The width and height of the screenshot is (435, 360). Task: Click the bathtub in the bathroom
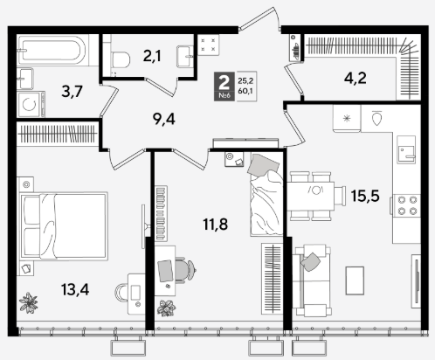coord(52,50)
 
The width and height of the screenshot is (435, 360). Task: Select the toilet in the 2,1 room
coord(120,59)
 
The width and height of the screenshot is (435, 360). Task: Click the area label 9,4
coord(164,119)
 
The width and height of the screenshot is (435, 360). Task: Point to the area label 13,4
coord(75,289)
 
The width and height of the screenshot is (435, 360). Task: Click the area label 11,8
coord(216,224)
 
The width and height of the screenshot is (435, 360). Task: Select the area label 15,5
coord(365,196)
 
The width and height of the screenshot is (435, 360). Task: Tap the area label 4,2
coord(356,78)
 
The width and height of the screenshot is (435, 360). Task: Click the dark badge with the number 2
coord(224,87)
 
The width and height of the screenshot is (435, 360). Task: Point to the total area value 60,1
coord(245,91)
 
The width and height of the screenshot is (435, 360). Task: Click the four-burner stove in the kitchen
coord(407,205)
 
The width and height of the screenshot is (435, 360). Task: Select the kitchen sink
coord(406,149)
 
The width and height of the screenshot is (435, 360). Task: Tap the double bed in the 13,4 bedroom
coord(64,226)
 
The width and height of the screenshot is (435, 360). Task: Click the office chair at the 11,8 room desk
coord(184,270)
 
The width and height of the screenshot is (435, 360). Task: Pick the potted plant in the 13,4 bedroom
coord(28,303)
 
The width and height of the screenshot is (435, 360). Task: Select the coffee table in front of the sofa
coord(355,280)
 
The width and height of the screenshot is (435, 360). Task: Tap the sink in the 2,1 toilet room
coord(185,57)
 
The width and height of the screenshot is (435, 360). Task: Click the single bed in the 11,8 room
coord(266,195)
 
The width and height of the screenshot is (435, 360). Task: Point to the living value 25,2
coord(245,80)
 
